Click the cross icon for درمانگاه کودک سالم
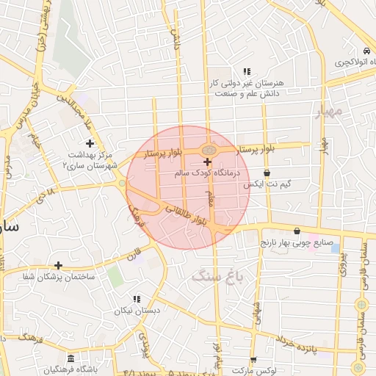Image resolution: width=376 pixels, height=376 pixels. (207, 162)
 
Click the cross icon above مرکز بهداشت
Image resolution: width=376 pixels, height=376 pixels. (90, 142)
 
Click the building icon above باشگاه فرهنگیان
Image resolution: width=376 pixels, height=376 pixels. (70, 358)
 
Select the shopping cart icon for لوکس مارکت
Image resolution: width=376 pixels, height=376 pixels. (253, 361)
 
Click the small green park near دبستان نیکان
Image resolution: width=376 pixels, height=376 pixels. (114, 275)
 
